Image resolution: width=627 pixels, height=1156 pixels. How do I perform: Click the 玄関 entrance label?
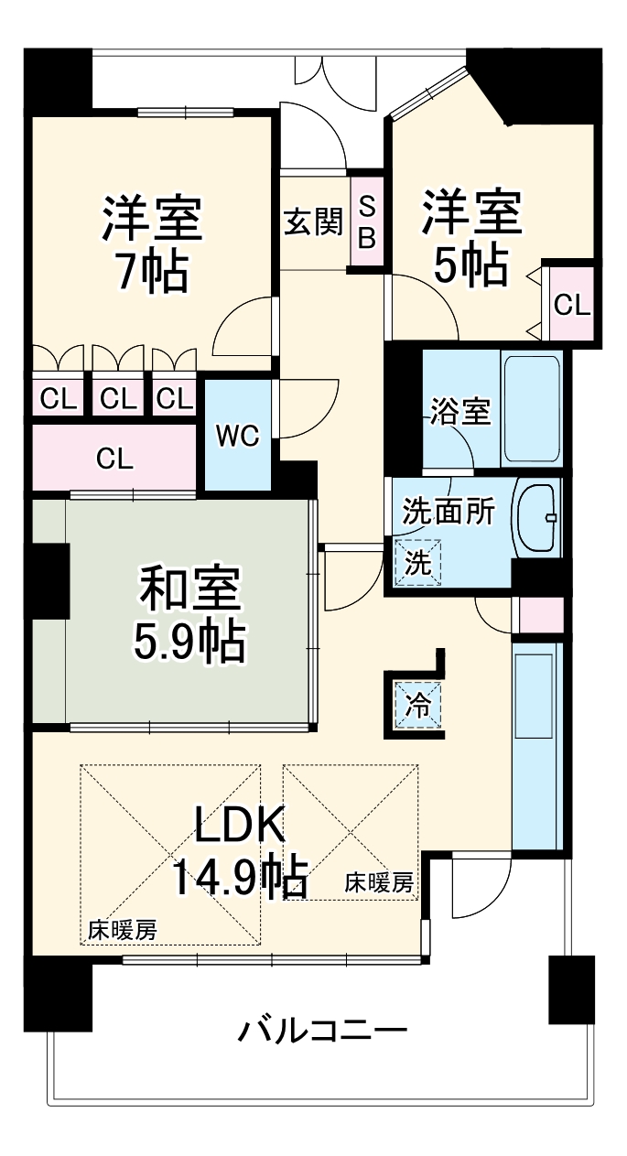[x=312, y=221]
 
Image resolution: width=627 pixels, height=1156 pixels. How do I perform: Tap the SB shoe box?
[x=366, y=221]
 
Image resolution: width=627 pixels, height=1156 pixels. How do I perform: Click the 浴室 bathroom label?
[x=460, y=413]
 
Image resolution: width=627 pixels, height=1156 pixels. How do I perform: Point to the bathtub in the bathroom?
[x=531, y=408]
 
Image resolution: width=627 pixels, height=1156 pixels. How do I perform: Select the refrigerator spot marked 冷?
[x=417, y=705]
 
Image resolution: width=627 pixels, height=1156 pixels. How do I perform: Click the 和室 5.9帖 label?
[x=189, y=615]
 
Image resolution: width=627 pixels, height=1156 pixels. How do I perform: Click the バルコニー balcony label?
[x=323, y=1032]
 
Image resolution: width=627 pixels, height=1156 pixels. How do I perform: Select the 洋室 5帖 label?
[x=470, y=236]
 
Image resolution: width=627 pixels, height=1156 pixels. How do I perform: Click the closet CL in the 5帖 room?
[x=572, y=305]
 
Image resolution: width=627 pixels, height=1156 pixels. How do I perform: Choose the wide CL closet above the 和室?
[x=115, y=458]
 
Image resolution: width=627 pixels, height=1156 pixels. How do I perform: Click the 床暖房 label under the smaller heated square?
[x=378, y=883]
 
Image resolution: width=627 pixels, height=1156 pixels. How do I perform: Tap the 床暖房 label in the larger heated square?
[x=122, y=930]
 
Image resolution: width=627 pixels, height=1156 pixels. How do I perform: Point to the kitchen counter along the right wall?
[x=535, y=746]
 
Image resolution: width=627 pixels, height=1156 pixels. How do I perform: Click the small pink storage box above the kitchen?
[x=541, y=615]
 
